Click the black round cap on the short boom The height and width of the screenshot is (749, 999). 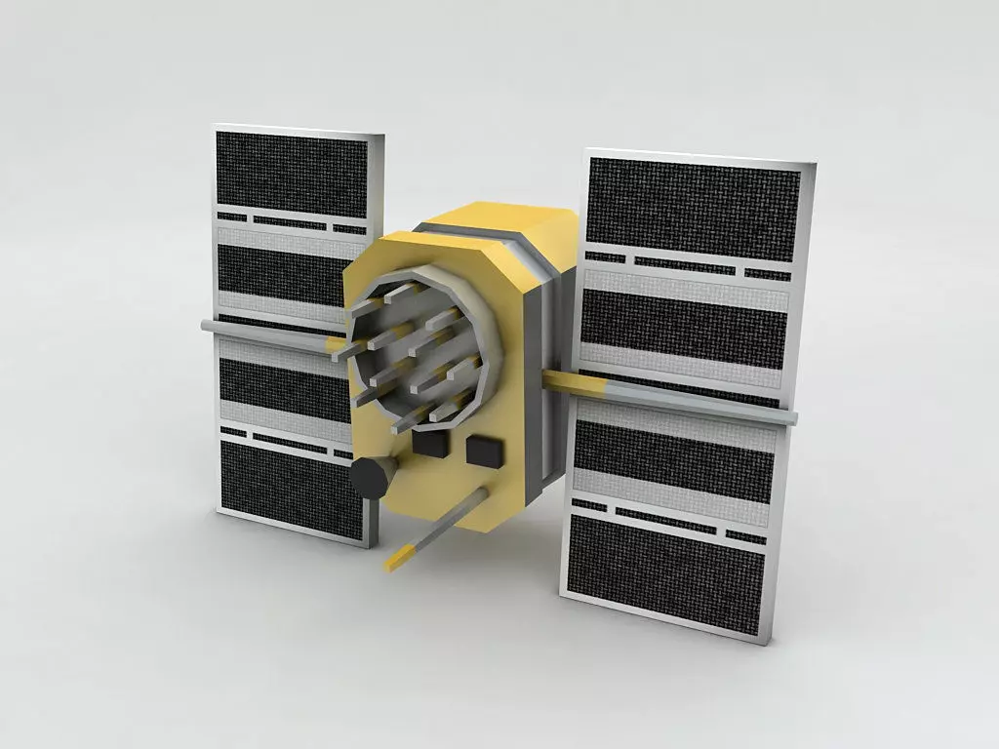click(368, 478)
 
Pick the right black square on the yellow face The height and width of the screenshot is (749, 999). click(485, 451)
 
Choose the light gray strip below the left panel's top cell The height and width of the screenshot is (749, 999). click(283, 237)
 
